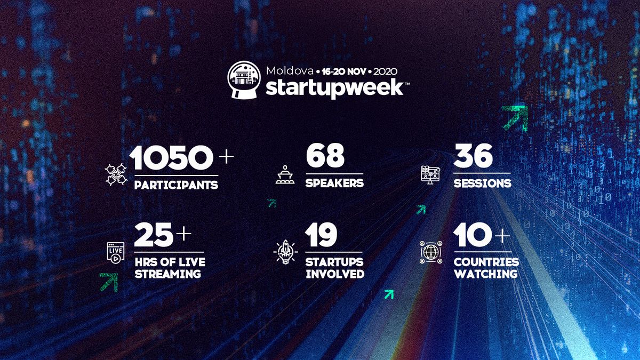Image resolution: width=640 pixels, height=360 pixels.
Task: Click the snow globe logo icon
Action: [244, 81]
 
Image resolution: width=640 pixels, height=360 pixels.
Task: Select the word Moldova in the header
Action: [290, 71]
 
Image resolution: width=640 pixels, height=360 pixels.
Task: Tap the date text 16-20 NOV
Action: [343, 71]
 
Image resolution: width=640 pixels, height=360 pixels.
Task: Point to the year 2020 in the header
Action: [385, 71]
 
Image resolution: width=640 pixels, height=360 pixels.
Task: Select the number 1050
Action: [171, 157]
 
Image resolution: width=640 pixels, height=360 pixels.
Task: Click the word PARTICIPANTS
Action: [176, 185]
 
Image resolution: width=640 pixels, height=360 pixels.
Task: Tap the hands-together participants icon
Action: [116, 174]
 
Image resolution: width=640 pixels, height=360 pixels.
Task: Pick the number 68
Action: [325, 155]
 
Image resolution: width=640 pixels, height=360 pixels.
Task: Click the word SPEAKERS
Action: [334, 183]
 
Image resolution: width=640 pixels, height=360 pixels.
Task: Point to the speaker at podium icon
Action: [285, 174]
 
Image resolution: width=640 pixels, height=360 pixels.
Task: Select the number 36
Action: [473, 156]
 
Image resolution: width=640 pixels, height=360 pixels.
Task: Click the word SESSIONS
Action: [482, 183]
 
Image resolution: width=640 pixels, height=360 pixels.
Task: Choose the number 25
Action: [154, 235]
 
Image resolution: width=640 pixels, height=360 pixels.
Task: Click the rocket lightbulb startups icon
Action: [285, 252]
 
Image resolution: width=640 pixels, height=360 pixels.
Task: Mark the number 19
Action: [321, 235]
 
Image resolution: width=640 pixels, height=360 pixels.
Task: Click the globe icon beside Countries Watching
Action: [431, 252]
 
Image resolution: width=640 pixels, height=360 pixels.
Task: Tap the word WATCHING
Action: [486, 274]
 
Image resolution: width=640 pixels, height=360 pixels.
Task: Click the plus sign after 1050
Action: [226, 157]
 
